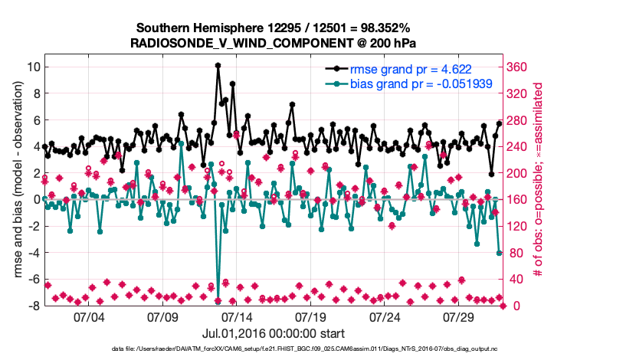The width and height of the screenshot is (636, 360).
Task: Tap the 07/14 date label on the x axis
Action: pos(237,316)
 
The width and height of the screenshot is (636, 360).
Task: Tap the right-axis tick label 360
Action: pos(519,67)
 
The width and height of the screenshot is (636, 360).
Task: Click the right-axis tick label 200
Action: pos(519,173)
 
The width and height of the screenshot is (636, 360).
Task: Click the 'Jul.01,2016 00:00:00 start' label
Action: pos(274,333)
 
